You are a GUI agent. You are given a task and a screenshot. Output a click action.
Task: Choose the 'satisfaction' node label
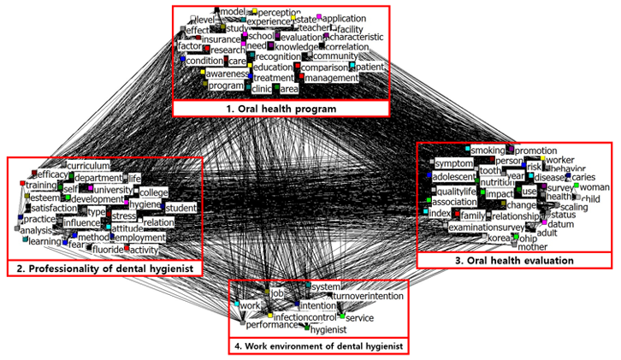(54, 208)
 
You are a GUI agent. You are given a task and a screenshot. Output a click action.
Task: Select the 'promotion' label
(536, 150)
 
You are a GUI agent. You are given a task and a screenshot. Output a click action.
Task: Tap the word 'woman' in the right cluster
(595, 186)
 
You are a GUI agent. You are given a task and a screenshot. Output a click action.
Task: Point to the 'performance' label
(269, 325)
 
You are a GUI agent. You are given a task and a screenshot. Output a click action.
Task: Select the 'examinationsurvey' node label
(485, 227)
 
